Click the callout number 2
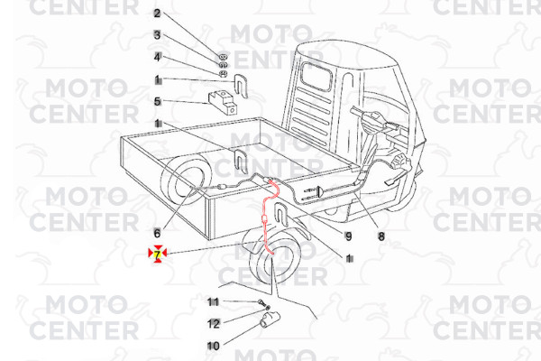(157, 14)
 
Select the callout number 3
(157, 35)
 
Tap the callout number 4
(157, 57)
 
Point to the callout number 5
(157, 101)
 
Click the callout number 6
(157, 233)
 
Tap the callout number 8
(381, 237)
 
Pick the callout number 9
(347, 236)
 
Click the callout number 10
(213, 345)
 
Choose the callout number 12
(214, 322)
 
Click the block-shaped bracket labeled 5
(224, 100)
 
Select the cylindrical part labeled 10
(270, 319)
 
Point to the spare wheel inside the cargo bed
(184, 183)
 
